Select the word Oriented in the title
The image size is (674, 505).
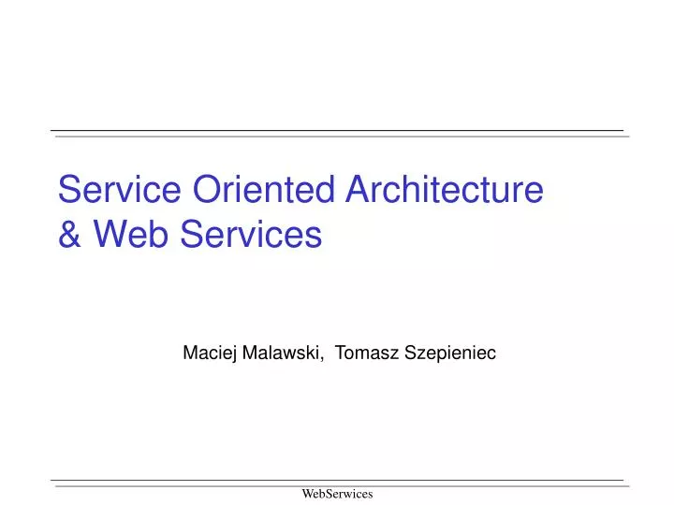coord(264,190)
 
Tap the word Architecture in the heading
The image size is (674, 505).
coord(445,190)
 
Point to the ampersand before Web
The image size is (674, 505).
coord(69,235)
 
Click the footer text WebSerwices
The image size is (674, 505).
coord(337,493)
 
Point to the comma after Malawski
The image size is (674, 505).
coord(324,358)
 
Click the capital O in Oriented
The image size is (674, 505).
coord(206,190)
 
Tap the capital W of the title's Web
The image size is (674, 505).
coord(106,235)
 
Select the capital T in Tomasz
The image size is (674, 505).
coord(340,353)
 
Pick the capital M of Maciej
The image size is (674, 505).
coord(189,353)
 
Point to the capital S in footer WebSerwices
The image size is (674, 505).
coord(330,493)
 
